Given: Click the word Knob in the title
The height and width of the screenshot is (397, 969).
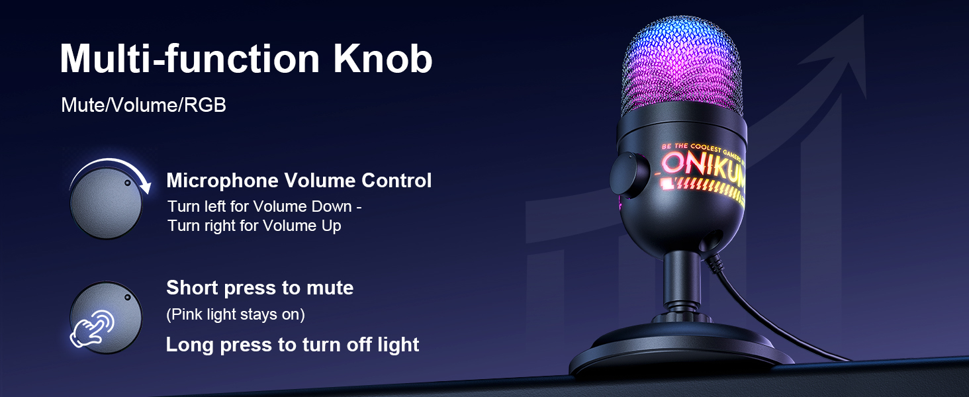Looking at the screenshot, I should [383, 60].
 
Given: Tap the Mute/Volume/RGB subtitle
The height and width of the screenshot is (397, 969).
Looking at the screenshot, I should [144, 105].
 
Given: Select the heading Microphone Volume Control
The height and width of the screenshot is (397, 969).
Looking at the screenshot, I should [299, 181].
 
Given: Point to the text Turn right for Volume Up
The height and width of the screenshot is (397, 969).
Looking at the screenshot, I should [254, 226].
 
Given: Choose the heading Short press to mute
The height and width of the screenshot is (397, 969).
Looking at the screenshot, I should [259, 288].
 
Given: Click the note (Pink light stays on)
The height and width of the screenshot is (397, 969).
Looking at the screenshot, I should [235, 315].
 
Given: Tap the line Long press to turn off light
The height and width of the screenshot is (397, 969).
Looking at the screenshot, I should [292, 345].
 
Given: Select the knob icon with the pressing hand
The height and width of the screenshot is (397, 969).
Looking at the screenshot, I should [106, 316].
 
